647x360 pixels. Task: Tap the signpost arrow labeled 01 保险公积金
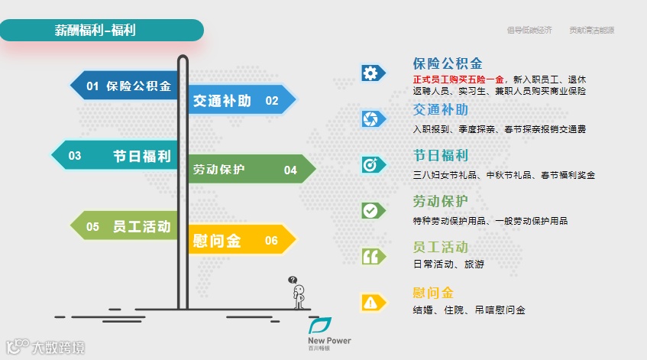126,86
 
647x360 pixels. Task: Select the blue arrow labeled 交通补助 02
237,100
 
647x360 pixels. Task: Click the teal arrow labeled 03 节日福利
115,155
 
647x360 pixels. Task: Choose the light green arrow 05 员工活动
126,226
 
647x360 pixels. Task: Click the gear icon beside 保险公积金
370,73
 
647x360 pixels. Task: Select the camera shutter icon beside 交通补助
370,118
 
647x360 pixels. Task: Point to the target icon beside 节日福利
370,164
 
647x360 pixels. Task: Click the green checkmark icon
370,210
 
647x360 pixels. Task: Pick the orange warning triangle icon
370,303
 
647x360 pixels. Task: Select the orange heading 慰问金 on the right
433,293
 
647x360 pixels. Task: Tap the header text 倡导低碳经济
529,31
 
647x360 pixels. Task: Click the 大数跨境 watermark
46,348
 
